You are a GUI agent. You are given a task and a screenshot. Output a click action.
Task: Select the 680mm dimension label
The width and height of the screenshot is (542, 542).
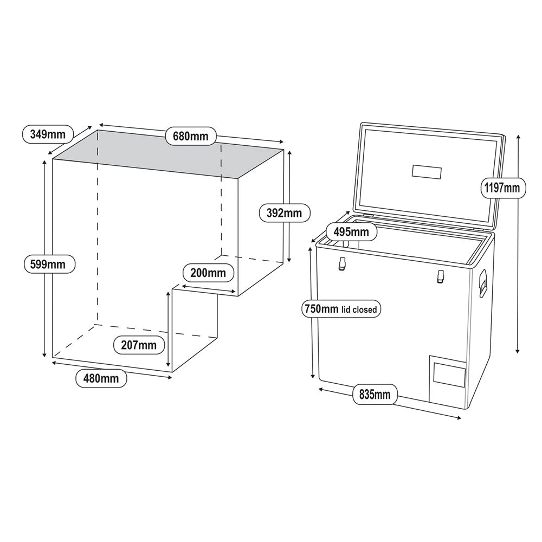tap(191, 135)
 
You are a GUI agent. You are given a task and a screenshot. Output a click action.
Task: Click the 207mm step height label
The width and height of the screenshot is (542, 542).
tap(139, 345)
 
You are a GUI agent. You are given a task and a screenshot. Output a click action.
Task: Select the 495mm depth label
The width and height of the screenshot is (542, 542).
tap(351, 232)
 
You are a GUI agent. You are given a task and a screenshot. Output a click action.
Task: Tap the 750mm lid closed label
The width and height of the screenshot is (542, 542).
tap(340, 309)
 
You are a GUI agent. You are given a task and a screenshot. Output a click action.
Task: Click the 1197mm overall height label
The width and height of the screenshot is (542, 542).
tap(502, 188)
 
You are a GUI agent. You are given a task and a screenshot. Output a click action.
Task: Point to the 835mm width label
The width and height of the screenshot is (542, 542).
tap(375, 394)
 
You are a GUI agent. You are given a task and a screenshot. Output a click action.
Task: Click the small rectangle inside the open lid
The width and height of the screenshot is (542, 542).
tap(427, 172)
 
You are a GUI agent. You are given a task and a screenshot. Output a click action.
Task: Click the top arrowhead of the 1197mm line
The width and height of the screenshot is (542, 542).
tap(519, 135)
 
